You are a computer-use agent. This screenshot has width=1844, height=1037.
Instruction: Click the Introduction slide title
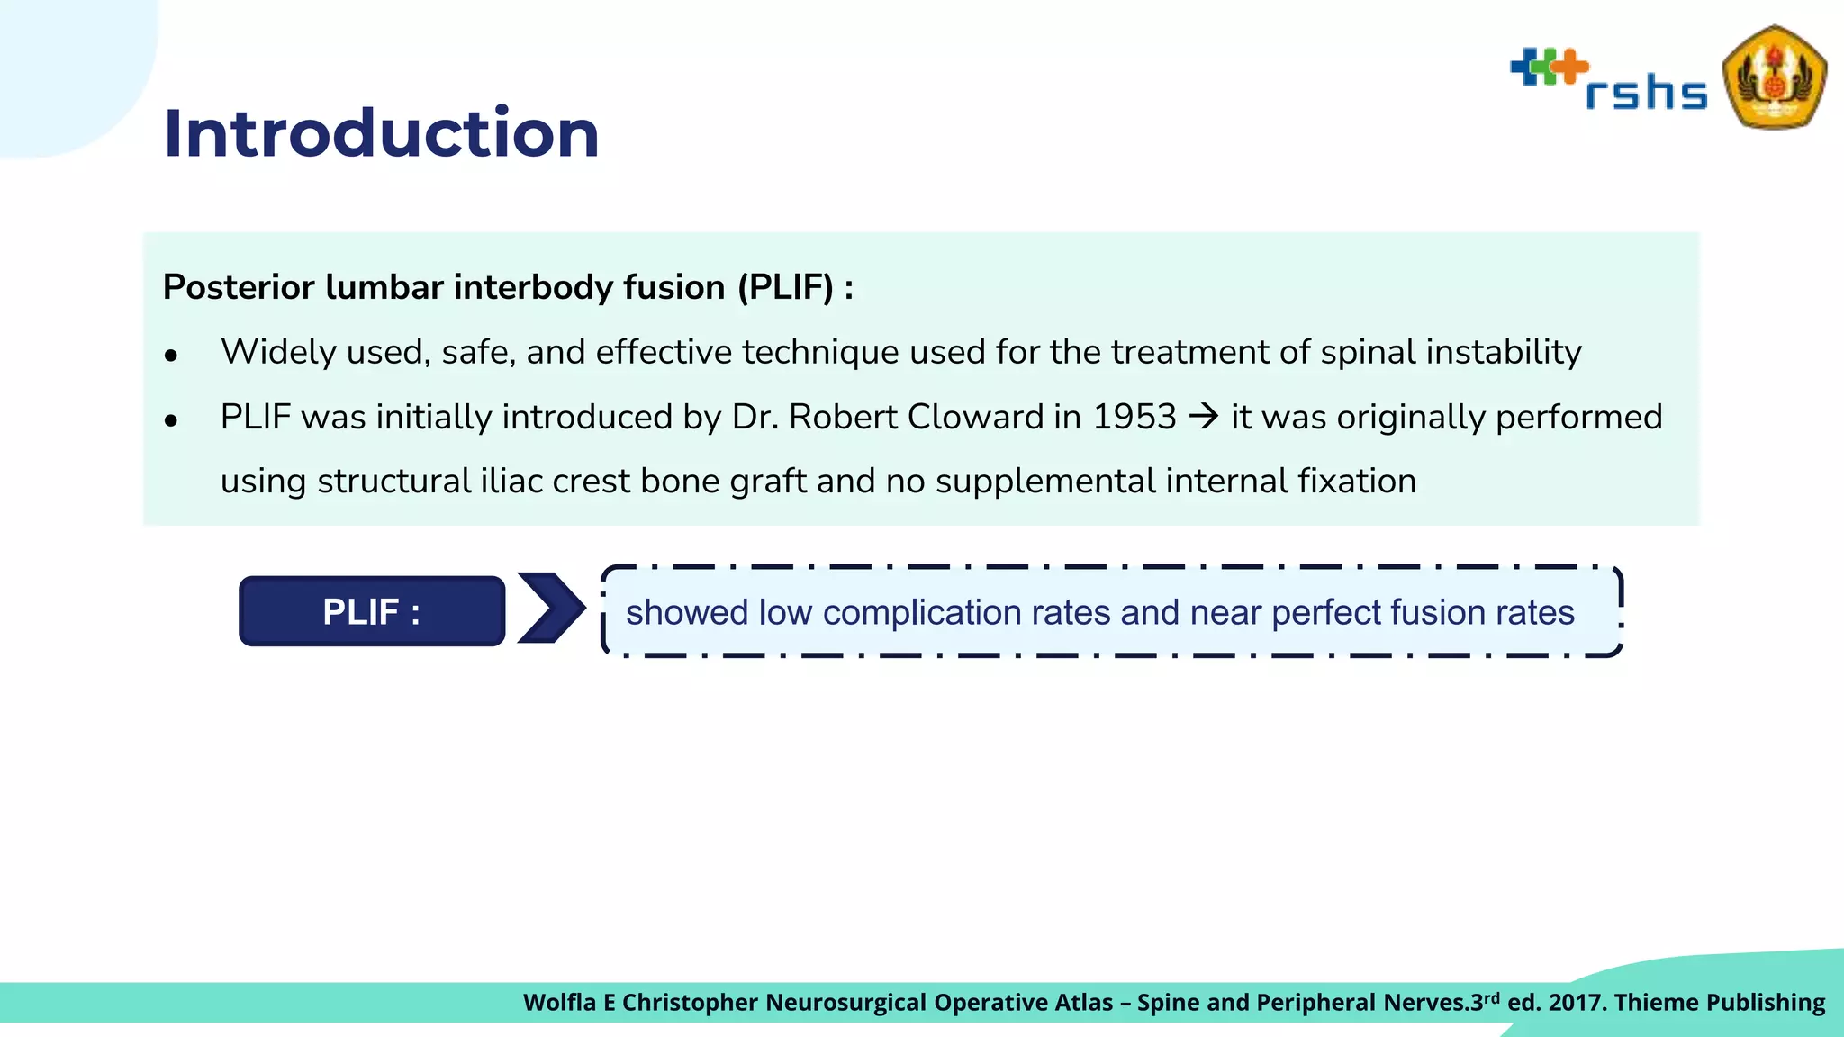click(x=381, y=133)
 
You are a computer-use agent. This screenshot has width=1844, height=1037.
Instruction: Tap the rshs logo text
click(x=1646, y=93)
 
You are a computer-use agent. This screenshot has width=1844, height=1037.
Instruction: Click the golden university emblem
click(x=1773, y=77)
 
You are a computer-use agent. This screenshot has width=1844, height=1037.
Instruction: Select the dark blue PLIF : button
click(x=372, y=612)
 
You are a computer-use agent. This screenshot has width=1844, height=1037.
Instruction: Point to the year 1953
click(x=1134, y=417)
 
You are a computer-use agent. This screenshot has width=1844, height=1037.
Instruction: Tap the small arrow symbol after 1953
click(x=1204, y=417)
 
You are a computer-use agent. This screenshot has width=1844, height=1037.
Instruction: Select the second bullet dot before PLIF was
click(x=171, y=420)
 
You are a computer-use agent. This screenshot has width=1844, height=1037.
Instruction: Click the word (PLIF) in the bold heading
click(x=786, y=288)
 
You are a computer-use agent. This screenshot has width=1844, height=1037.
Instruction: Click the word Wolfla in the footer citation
click(x=558, y=1003)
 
